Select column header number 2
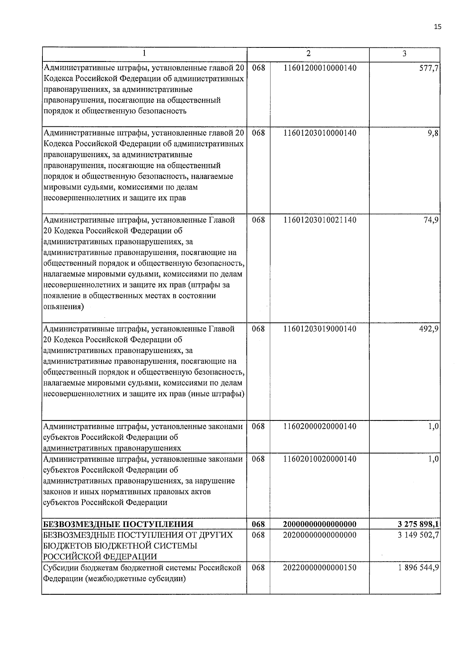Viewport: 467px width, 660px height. (x=308, y=53)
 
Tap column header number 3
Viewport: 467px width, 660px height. (x=404, y=53)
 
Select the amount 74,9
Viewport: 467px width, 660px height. (x=432, y=220)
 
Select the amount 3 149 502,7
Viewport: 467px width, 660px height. (x=418, y=535)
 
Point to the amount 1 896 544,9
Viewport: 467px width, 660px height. (x=418, y=567)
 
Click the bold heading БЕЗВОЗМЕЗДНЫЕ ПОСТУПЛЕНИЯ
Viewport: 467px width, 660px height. (x=118, y=524)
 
